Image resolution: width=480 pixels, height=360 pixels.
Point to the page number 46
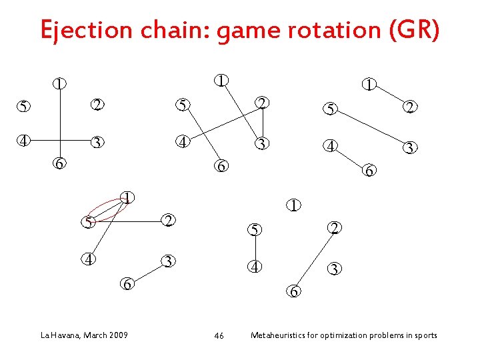pos(219,335)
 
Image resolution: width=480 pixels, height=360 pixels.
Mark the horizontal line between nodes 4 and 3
pos(60,141)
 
